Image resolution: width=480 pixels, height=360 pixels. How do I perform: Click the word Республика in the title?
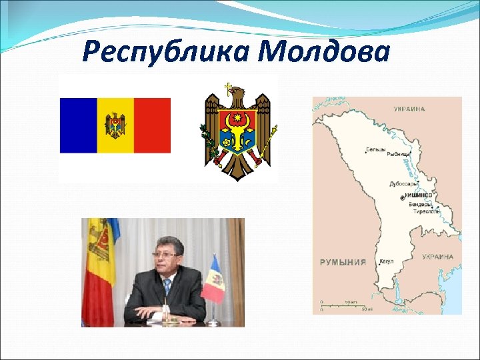167,52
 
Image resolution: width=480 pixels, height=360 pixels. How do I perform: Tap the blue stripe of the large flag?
79,125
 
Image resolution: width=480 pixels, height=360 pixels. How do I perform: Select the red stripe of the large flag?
152,125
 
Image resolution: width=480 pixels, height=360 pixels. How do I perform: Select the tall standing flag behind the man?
98,267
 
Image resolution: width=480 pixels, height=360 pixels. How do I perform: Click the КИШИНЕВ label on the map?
419,197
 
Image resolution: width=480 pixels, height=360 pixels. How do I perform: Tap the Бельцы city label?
375,149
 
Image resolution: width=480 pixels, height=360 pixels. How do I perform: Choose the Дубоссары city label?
404,183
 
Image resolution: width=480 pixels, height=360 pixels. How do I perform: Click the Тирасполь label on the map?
426,211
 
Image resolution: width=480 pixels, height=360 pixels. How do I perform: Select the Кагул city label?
387,262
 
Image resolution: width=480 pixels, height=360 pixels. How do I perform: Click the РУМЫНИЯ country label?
343,262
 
